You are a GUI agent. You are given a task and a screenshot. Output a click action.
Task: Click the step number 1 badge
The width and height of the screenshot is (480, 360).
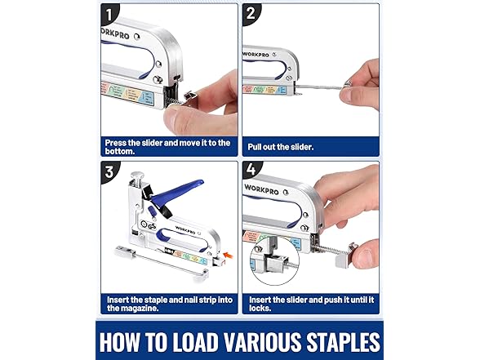coord(112,16)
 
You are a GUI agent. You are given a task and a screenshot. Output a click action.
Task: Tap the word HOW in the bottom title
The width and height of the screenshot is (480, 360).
coord(127,340)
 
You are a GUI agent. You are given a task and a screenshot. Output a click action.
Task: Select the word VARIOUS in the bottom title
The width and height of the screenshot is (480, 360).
coord(254,340)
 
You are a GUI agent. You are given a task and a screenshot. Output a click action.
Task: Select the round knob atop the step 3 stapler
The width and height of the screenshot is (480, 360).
coord(140,176)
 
